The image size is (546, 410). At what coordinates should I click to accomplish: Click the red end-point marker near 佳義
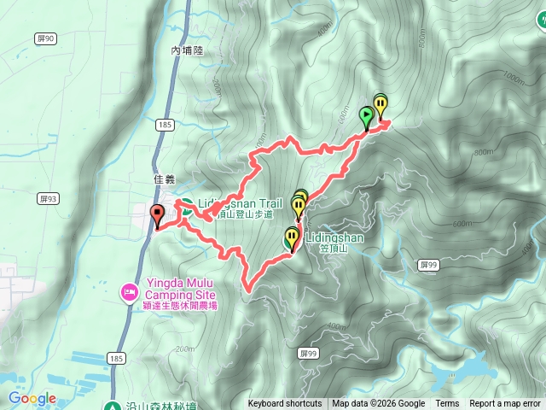(x=157, y=215)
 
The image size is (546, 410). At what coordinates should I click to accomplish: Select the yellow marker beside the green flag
(x=380, y=107)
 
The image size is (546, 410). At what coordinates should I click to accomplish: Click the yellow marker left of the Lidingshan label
(x=292, y=238)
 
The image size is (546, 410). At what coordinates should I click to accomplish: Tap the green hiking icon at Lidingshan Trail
(x=186, y=205)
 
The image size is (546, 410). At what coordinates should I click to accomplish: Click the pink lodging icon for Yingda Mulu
(x=129, y=293)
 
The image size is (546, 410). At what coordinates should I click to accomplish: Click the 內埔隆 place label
(x=187, y=51)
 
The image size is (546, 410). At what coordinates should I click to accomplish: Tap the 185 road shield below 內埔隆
(x=166, y=126)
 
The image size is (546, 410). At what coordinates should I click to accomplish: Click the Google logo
(x=32, y=398)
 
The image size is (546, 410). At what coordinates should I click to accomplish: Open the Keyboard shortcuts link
(x=285, y=404)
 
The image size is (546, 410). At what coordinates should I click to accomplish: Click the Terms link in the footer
(x=447, y=404)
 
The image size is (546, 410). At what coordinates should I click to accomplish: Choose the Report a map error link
(x=506, y=404)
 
